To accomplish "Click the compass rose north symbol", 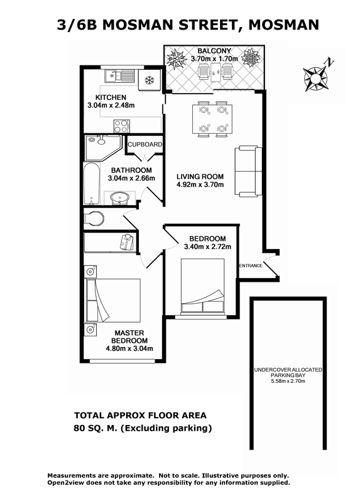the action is point(317,77).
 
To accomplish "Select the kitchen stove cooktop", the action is point(122,126).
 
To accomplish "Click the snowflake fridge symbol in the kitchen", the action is point(149,80).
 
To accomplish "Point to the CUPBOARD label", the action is point(145,145).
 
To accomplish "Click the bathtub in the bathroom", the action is point(91,184).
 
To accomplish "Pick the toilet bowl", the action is point(94,219).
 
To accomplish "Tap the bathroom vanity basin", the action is point(119,198).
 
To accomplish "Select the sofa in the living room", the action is point(248,171).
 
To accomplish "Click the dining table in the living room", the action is point(212,119).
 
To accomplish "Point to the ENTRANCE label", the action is point(251,265).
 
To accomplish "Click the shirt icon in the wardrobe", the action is point(127,242).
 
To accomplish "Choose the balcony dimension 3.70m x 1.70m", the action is point(214,58).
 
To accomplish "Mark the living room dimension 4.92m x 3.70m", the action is point(200,184).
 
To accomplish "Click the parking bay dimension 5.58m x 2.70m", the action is point(288,381).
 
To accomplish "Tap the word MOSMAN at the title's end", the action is point(283,25).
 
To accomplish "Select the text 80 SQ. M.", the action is point(95,428).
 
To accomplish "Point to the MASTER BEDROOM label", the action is point(129,337).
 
